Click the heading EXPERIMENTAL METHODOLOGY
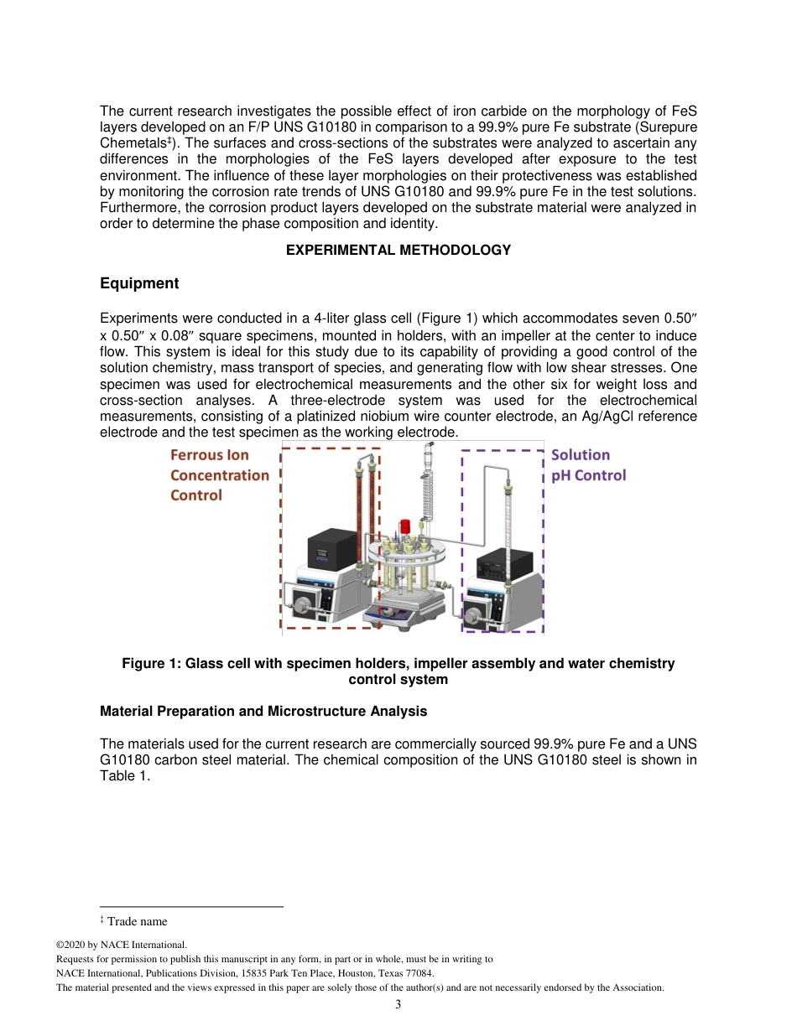point(398,250)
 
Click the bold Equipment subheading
point(139,283)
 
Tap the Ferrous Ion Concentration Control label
point(220,475)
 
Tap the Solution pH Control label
point(587,465)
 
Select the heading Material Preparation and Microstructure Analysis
point(263,712)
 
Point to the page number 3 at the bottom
point(398,1004)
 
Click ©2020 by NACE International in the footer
point(121,945)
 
